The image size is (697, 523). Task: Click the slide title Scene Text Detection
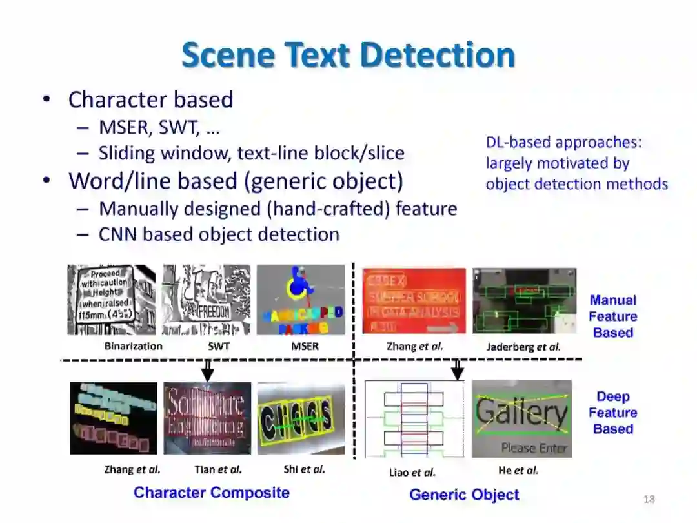coord(348,55)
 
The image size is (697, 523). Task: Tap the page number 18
coord(649,499)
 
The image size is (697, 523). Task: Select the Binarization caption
coord(134,346)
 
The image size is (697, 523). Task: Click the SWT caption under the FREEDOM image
coord(219,346)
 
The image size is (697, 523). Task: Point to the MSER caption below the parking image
coord(305,346)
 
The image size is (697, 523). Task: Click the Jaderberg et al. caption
coord(523,347)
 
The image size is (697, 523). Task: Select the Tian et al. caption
coord(218,469)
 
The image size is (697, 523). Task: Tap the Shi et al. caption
coord(304,469)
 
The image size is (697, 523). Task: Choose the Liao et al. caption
coord(412,472)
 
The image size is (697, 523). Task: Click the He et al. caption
coord(518,470)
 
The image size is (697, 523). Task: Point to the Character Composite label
coord(212,493)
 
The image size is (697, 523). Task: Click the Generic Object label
coord(464,495)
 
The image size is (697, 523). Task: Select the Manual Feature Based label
coord(612,316)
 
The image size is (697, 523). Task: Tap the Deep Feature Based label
coord(612,413)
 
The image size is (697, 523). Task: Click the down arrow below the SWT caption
coord(207,370)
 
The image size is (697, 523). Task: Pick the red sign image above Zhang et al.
coord(414,301)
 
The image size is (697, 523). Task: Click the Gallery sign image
coord(521,418)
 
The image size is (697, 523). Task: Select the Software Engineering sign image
coord(207,418)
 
